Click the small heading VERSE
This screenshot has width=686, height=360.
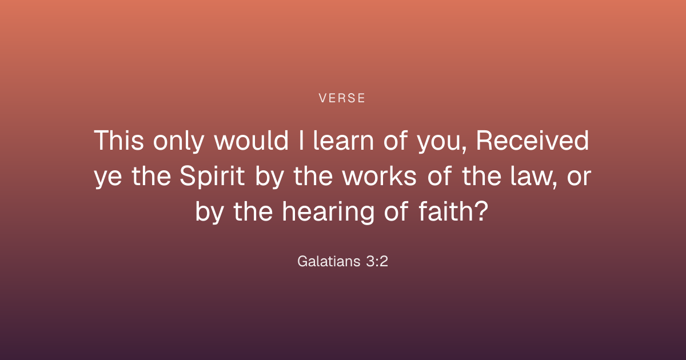pos(342,98)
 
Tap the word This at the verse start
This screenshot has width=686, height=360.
pos(119,140)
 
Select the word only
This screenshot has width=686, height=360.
pos(178,142)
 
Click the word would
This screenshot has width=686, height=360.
pos(252,140)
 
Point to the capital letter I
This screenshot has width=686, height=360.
pos(301,140)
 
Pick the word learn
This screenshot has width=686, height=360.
pos(344,140)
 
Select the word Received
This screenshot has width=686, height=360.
pos(532,140)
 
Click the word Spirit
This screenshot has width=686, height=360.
pos(212,177)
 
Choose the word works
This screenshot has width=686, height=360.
pos(379,176)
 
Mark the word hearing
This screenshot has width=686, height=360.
pos(328,213)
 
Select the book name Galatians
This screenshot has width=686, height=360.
pos(329,261)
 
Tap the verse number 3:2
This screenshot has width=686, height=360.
pos(377,261)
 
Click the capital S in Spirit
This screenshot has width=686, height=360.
pos(187,176)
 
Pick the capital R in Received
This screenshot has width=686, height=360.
pos(484,140)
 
